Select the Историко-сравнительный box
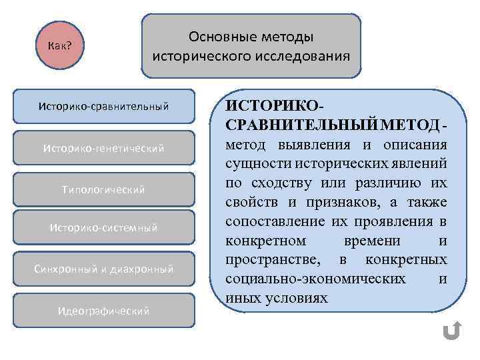point(103,106)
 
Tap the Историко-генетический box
point(103,148)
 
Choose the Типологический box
point(103,189)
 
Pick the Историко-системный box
point(103,228)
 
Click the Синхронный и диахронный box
point(103,269)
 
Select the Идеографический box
point(103,311)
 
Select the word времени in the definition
point(371,240)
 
